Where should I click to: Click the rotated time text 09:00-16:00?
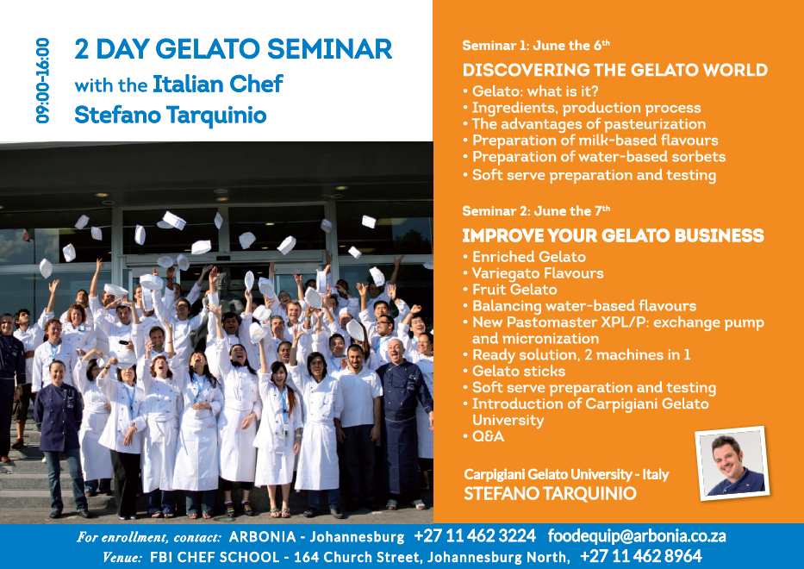42,80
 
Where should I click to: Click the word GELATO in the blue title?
207,49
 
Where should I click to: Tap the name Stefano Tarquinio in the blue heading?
171,115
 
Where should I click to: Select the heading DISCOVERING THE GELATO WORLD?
614,70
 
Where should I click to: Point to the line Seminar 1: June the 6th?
536,45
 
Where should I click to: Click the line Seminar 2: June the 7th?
536,210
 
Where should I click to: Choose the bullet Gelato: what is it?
530,91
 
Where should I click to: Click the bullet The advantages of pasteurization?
584,124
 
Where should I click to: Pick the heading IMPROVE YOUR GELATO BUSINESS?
613,235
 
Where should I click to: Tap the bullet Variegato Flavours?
533,273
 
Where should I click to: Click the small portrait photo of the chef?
732,463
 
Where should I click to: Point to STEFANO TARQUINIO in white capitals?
550,494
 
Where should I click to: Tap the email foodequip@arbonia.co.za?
637,536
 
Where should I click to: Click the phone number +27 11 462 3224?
475,536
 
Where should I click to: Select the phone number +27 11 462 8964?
641,556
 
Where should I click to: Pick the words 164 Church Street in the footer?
358,557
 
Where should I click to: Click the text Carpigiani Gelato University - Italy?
566,474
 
